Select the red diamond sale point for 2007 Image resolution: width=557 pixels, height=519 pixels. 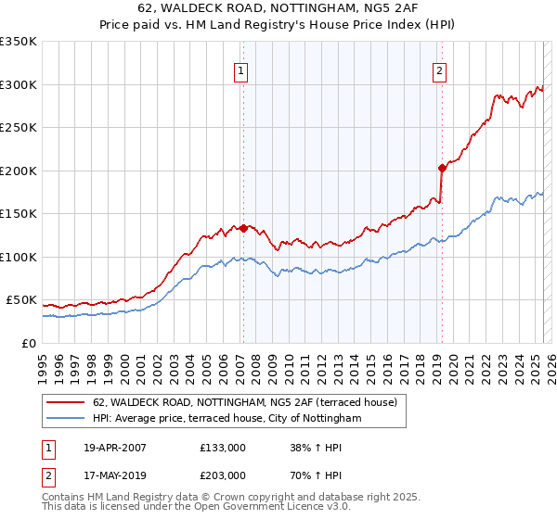coord(243,228)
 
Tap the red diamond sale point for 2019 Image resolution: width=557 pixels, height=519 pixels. coord(441,168)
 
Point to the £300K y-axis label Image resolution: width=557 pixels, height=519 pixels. coord(19,84)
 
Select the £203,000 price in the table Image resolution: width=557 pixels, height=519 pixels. coord(222,475)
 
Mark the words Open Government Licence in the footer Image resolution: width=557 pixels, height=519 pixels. coord(234,508)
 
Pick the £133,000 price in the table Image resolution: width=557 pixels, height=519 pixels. coord(222,448)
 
